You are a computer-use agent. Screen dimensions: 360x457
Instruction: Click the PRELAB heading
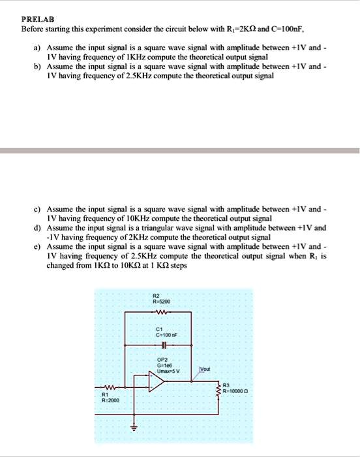pyautogui.click(x=38, y=20)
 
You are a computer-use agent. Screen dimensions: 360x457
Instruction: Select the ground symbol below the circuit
pyautogui.click(x=136, y=428)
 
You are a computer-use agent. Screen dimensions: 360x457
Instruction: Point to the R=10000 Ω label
pyautogui.click(x=239, y=392)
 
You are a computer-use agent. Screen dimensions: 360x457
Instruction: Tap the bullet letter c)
pyautogui.click(x=38, y=210)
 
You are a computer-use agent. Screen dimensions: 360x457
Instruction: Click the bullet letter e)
pyautogui.click(x=38, y=247)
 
